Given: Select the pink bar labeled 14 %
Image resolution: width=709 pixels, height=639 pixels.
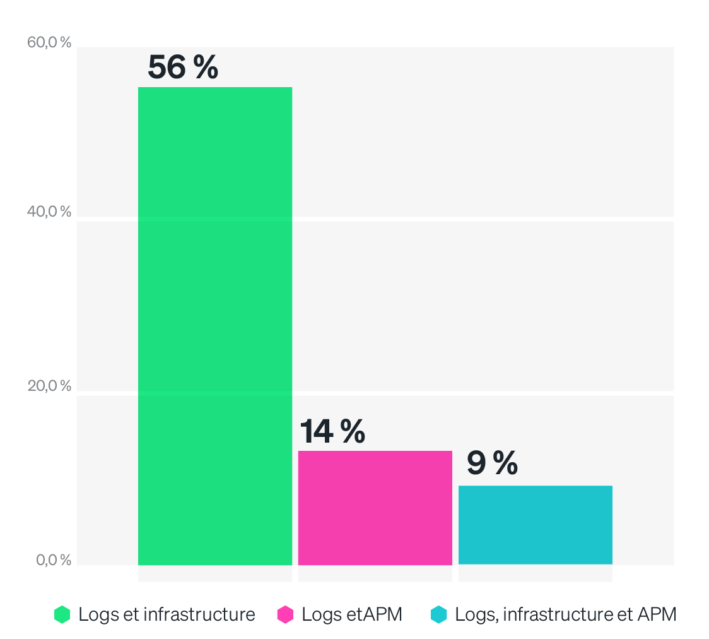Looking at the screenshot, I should point(375,508).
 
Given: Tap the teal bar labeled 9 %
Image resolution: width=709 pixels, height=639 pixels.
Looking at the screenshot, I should point(536,525).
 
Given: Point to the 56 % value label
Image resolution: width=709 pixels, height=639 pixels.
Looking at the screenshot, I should point(183,67).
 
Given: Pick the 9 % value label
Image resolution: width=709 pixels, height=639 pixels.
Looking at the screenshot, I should point(492,463).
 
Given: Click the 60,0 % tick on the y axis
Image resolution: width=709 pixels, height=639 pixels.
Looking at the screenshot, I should point(49,43).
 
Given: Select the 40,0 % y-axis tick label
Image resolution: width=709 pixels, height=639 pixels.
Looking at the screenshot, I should point(49,212).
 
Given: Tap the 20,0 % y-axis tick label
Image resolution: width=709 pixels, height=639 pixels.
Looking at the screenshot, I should point(49,386).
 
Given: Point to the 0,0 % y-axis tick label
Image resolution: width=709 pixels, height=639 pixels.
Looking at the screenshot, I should point(52,560).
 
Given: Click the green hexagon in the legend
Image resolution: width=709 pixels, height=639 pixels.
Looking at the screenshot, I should point(62,614).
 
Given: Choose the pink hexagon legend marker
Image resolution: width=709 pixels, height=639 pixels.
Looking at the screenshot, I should point(285,614).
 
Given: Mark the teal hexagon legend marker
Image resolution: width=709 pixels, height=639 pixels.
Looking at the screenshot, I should point(438,614).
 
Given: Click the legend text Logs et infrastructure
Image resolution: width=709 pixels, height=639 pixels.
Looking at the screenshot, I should point(167,614).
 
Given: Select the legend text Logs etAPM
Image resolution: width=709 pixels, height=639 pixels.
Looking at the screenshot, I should point(352,614).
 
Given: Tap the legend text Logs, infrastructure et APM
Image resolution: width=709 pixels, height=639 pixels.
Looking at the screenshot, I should point(566,614).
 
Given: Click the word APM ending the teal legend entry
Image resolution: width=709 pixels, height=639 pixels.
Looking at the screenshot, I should point(657,614).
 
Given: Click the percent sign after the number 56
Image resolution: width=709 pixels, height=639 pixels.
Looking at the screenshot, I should point(206,67).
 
